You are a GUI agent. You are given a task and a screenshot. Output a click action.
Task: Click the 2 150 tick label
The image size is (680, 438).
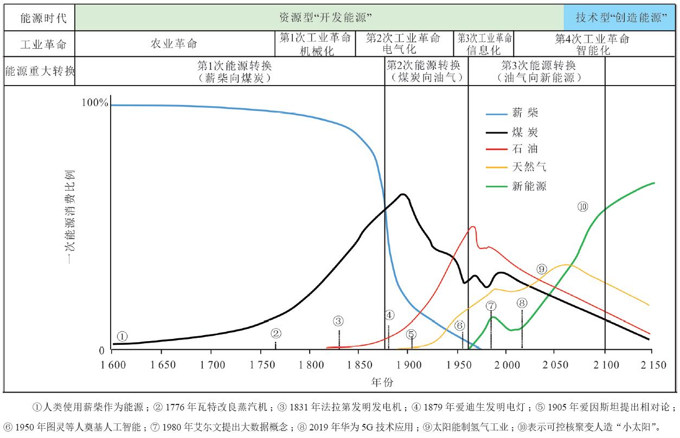pos(652,364)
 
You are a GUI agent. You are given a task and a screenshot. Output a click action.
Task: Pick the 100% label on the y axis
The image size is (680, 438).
pos(94,103)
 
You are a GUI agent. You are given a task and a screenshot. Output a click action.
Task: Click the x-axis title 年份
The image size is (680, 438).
pos(382,382)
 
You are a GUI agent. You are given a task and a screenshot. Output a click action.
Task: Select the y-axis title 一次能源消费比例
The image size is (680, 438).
pos(71,217)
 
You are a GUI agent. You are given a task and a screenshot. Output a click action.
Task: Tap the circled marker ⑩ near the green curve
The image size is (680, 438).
pos(583,206)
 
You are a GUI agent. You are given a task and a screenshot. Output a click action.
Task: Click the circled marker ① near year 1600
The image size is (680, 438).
pos(123,336)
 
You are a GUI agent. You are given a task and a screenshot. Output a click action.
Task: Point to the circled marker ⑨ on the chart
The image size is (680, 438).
pos(542,269)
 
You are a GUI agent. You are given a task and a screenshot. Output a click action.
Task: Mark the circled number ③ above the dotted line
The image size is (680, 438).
pos(338,321)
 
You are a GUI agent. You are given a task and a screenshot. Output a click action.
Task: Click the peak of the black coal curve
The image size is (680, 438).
pos(402,194)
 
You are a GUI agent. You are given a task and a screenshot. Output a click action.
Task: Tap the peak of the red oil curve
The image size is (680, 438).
pos(473,227)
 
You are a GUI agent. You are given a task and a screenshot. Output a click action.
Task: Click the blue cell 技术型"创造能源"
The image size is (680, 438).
pos(621,17)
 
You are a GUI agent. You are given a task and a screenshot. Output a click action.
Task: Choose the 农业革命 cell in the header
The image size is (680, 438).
pos(174,44)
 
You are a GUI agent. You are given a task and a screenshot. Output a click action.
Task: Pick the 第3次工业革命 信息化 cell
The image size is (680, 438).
pos(484,44)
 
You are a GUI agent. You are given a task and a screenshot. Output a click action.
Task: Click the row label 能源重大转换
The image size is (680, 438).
pos(39,71)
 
